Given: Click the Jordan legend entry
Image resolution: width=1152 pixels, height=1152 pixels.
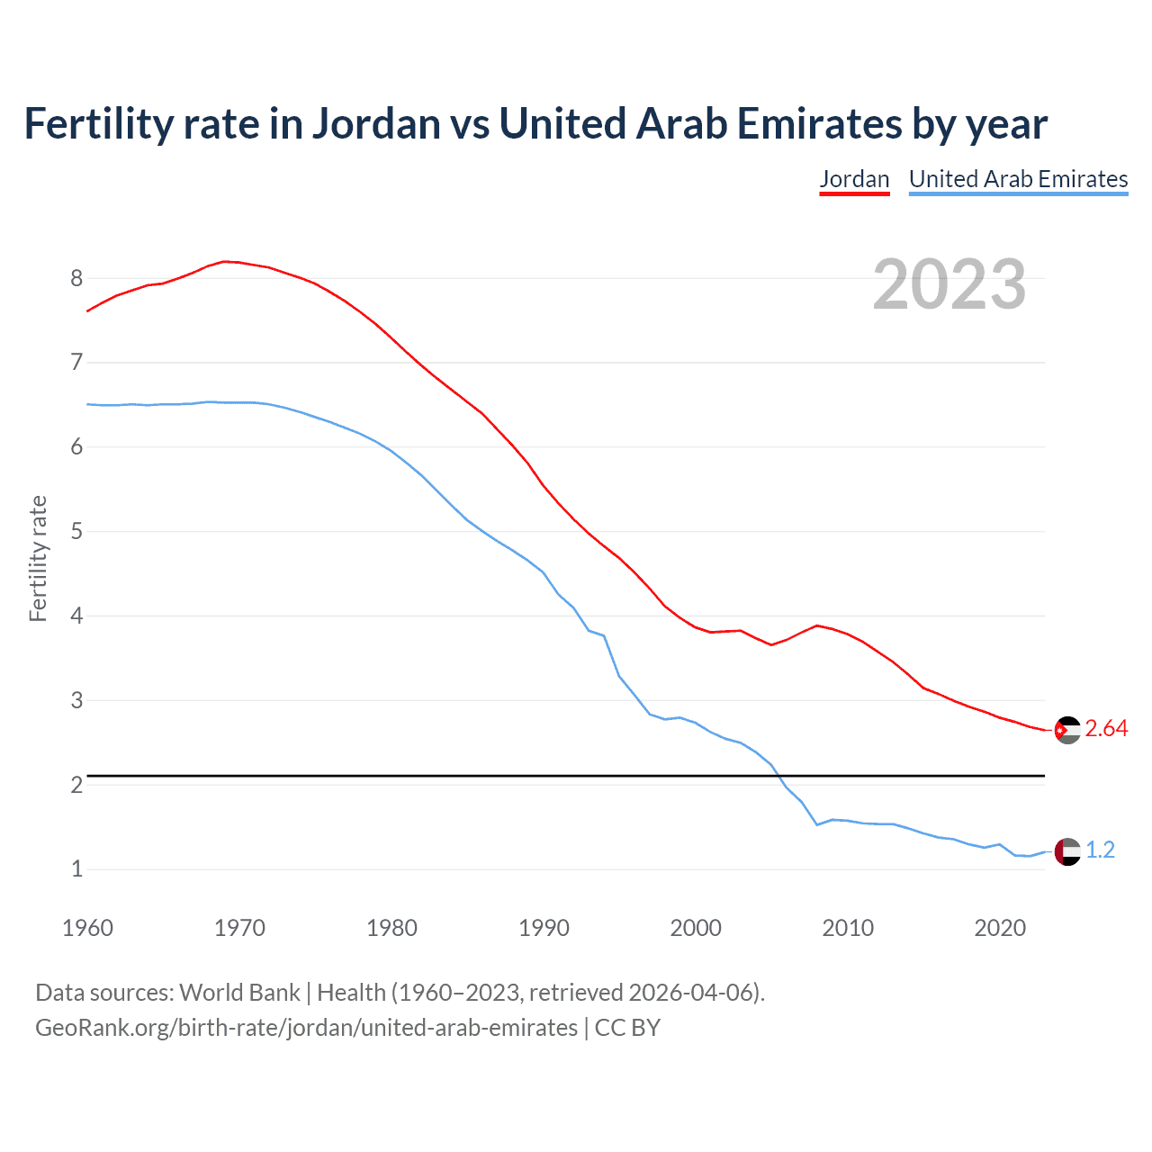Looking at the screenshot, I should tap(854, 179).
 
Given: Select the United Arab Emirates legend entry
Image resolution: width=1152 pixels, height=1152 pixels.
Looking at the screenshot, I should tap(1018, 179).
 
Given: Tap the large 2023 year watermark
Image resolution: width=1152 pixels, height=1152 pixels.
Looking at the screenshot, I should tap(949, 284).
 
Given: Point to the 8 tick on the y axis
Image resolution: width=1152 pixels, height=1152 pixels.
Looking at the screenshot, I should tap(76, 278).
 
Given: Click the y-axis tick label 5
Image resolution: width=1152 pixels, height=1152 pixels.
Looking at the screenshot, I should tap(76, 531).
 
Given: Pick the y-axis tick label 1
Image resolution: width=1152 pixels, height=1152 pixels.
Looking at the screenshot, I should tap(76, 869).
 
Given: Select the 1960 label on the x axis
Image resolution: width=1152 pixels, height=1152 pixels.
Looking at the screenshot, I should tap(87, 928).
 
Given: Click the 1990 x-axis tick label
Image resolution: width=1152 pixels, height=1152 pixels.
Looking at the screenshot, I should tap(544, 928).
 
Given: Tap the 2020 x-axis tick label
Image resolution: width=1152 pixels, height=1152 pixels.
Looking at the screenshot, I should tap(1000, 928).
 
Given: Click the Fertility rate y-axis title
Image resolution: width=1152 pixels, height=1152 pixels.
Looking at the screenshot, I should tap(38, 558).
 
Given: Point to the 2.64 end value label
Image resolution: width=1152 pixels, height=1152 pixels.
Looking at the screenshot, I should tap(1106, 729).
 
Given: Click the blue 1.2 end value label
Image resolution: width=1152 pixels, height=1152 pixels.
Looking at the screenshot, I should tap(1100, 850).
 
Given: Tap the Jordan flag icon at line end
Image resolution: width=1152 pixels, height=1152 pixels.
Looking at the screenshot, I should tap(1067, 730).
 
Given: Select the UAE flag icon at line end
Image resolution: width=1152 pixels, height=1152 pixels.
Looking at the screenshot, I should tap(1067, 851).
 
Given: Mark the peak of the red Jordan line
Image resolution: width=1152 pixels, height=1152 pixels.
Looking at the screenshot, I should tap(225, 261).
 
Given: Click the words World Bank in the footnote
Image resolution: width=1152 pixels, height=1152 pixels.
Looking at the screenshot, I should tap(239, 993).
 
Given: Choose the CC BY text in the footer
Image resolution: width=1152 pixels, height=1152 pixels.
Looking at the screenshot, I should tap(627, 1028).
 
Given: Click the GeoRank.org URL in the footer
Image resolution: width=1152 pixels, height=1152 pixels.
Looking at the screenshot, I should tap(306, 1028).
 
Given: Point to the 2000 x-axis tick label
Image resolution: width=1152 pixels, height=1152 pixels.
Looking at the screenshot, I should tap(696, 928).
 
